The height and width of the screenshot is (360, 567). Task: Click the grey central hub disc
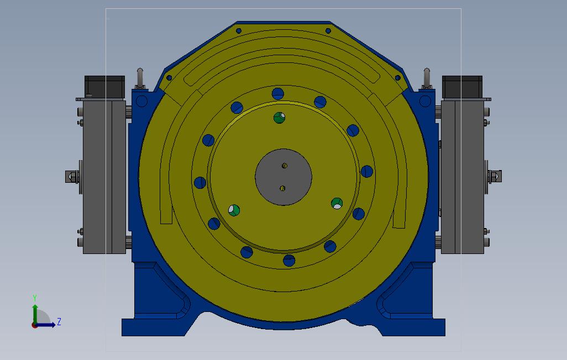click(283, 177)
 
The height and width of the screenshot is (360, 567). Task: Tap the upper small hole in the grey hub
click(285, 166)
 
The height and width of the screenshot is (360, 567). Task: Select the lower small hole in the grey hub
click(282, 188)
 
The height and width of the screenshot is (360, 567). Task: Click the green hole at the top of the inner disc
click(279, 118)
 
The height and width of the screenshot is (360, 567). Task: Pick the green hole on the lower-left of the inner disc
click(234, 210)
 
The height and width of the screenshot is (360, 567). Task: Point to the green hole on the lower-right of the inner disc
click(337, 203)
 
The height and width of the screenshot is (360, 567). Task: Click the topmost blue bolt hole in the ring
click(278, 94)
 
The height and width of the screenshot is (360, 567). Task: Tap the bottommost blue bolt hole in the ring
click(289, 260)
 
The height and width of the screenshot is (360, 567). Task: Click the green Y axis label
click(35, 298)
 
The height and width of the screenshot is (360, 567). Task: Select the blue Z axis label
click(59, 322)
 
